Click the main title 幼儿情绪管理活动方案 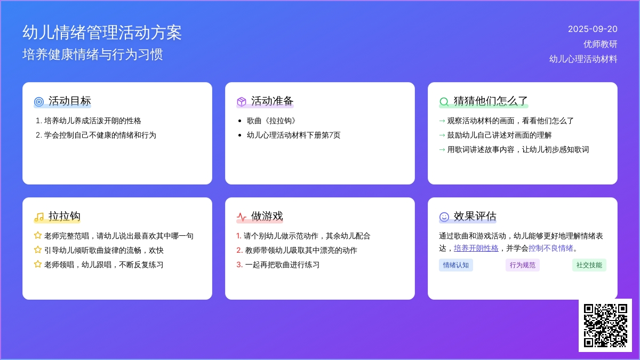102,33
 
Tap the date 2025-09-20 593,29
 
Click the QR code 605,325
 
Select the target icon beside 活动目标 39,102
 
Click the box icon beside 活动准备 242,102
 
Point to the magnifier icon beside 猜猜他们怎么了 444,102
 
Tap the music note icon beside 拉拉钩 39,217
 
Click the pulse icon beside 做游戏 242,217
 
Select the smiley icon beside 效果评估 444,217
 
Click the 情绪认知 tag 455,265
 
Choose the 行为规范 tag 523,265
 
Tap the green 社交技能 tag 589,265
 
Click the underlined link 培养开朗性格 476,249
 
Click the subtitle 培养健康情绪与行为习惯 93,54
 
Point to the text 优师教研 601,44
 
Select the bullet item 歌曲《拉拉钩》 271,121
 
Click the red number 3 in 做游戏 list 239,265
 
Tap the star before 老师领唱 38,264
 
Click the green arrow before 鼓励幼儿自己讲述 442,135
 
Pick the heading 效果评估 475,217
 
